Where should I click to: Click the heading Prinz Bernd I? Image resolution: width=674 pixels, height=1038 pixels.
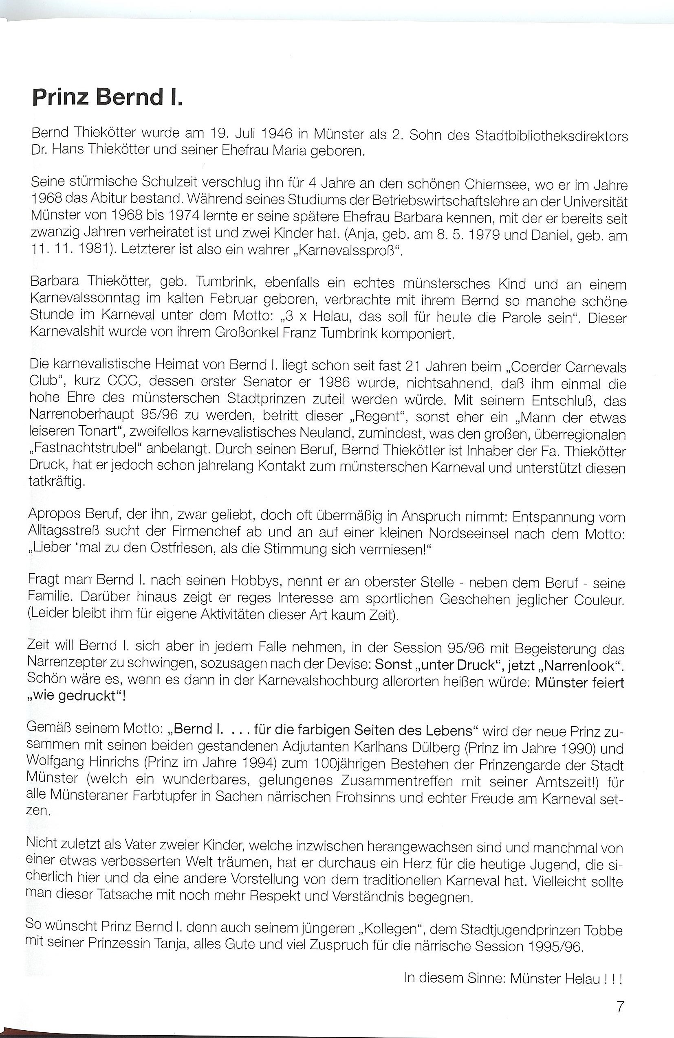[x=106, y=97]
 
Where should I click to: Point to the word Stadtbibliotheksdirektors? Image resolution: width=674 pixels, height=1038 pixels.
[x=551, y=136]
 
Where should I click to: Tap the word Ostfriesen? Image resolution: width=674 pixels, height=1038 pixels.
[x=172, y=548]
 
